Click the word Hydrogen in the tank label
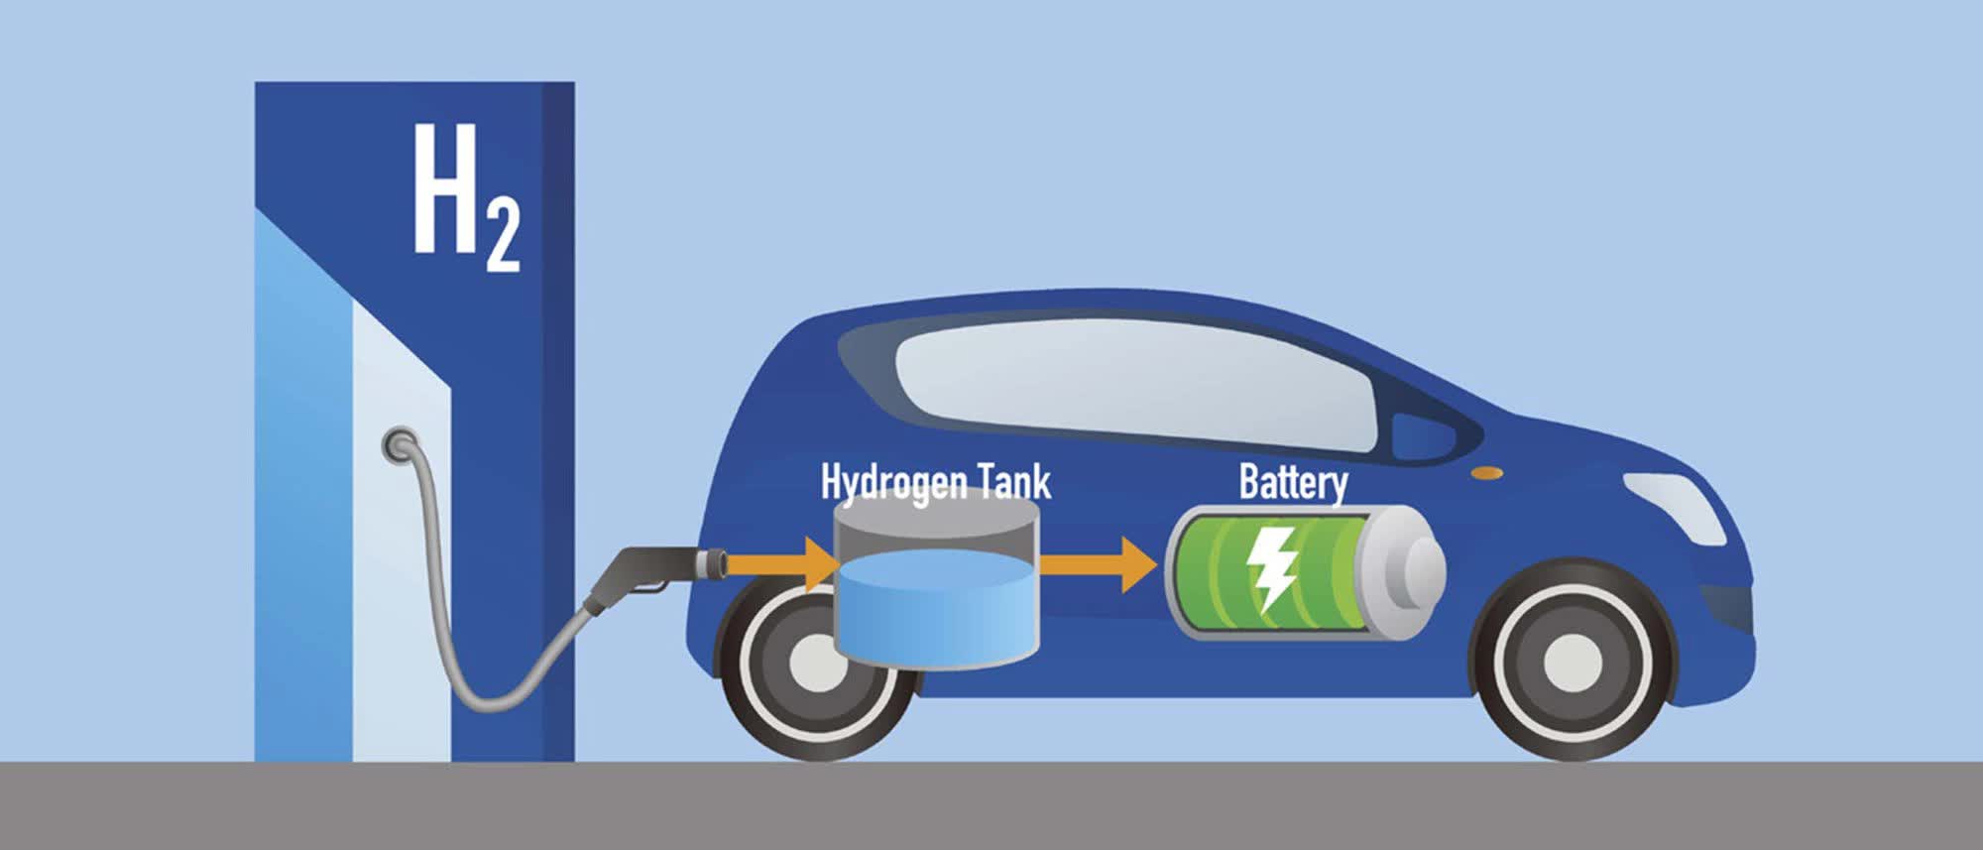coord(893,483)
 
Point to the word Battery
coord(1293,483)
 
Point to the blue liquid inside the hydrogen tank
coord(936,605)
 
